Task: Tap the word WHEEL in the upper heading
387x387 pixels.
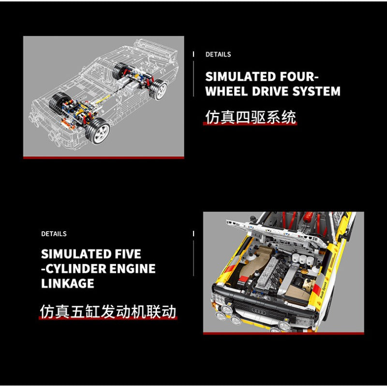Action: (226, 91)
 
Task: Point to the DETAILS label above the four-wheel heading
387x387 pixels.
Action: (218, 55)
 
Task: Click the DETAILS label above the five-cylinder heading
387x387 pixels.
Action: (54, 234)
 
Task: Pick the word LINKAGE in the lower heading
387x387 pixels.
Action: (67, 283)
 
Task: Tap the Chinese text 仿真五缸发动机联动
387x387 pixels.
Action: (108, 312)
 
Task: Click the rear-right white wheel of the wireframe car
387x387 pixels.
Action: (158, 90)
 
